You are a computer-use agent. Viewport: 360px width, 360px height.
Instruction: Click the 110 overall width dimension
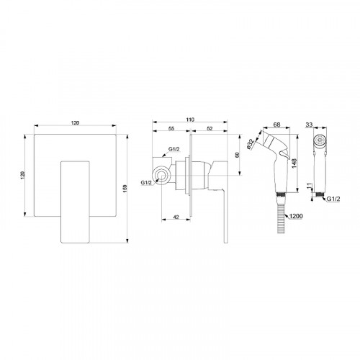tap(190, 120)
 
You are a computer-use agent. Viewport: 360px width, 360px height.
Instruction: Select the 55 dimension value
tap(171, 128)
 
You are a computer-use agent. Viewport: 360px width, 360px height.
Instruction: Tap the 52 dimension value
tap(210, 128)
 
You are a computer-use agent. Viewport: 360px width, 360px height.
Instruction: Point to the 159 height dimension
tap(125, 189)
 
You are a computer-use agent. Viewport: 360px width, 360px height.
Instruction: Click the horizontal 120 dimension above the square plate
tap(75, 123)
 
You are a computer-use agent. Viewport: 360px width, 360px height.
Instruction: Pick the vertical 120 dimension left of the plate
tap(23, 175)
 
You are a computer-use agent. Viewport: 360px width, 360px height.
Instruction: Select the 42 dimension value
tap(176, 217)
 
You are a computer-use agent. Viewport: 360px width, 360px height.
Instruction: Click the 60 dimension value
tap(238, 155)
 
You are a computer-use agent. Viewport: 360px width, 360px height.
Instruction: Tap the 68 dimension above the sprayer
tap(276, 125)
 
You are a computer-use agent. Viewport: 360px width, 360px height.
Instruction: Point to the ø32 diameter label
tap(251, 145)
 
